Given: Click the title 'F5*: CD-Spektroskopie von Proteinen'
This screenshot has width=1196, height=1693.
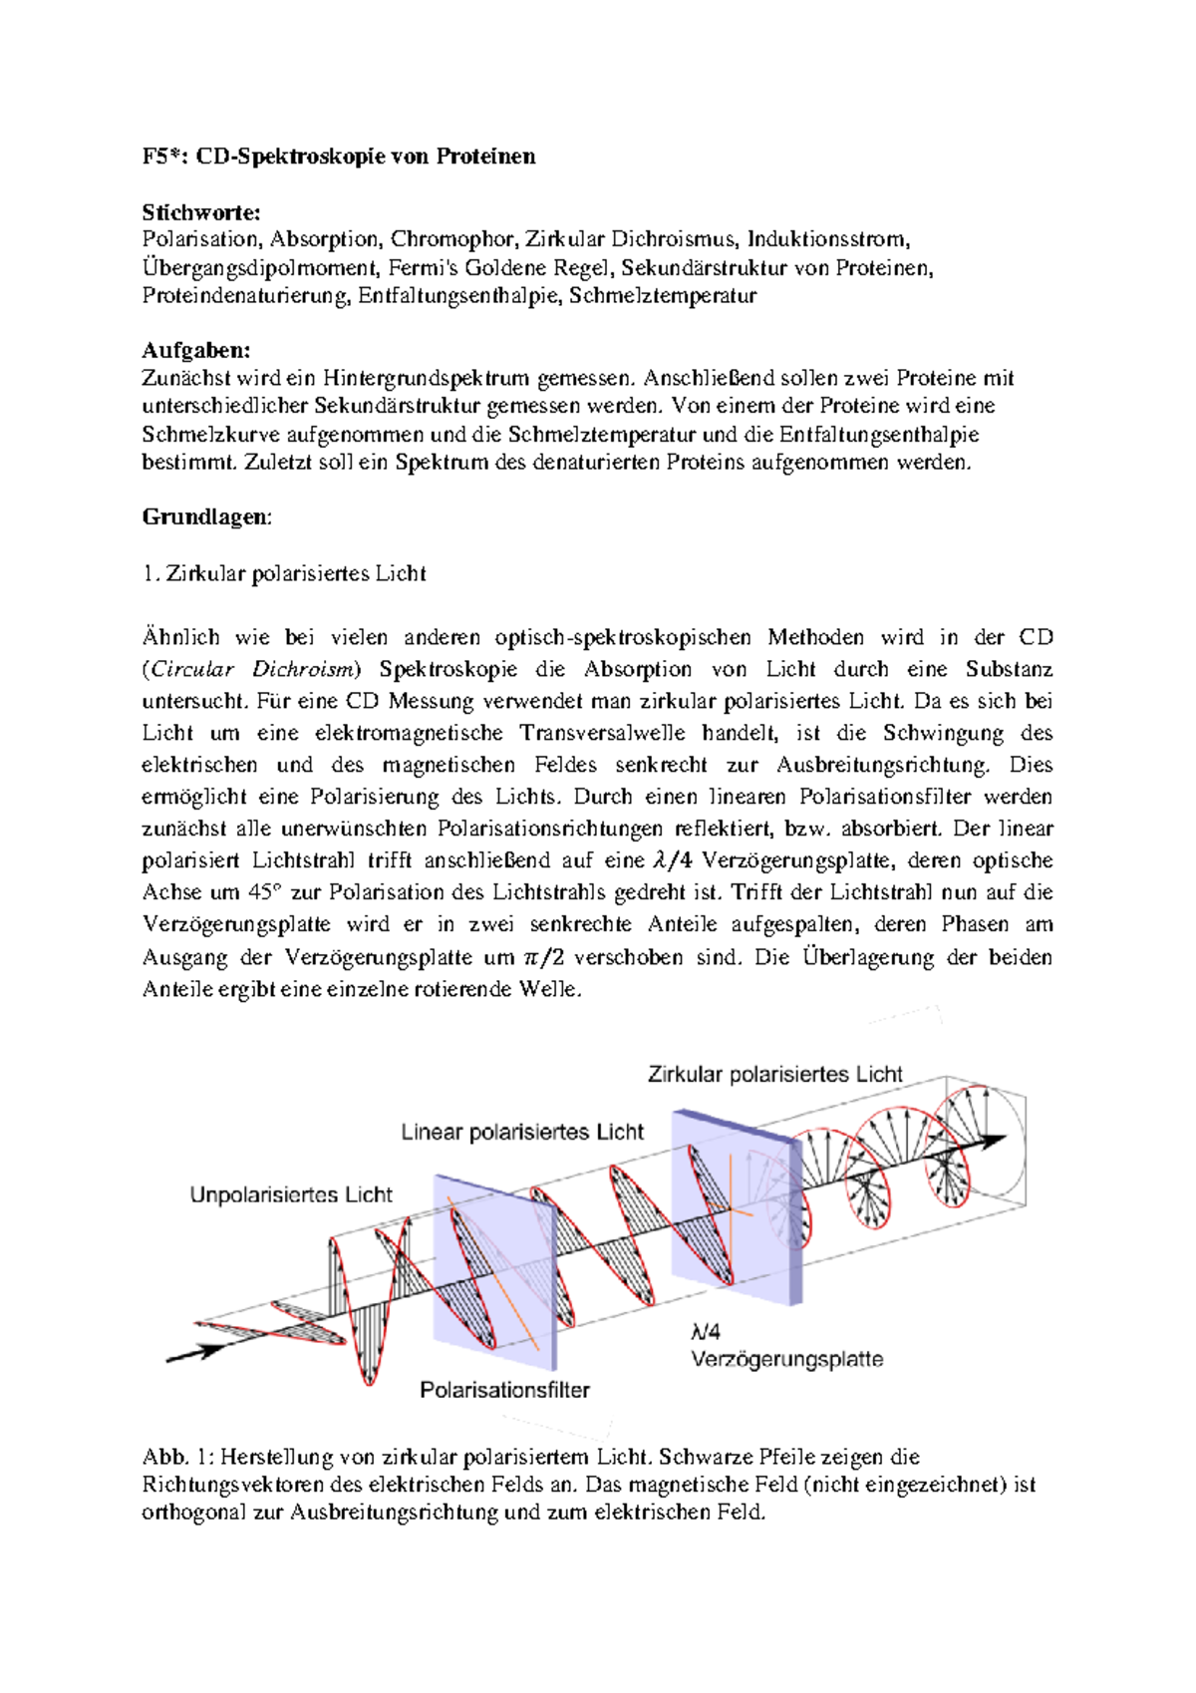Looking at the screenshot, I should click(339, 157).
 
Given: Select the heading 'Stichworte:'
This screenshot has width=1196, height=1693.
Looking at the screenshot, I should click(201, 212).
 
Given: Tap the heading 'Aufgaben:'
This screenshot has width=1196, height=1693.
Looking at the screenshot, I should click(196, 350).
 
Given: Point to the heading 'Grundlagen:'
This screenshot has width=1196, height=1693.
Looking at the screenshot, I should click(207, 516).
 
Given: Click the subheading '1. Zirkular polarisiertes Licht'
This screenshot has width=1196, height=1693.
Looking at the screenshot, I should click(284, 573).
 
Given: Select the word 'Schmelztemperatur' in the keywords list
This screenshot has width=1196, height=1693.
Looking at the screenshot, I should click(663, 295).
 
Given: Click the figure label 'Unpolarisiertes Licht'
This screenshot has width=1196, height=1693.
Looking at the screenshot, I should click(291, 1194).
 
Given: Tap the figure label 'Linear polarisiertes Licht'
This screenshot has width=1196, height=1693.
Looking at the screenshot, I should click(522, 1132).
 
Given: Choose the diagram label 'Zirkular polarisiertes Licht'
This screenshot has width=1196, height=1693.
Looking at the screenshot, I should click(774, 1074).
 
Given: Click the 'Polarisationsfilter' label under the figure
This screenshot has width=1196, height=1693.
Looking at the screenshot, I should click(504, 1390).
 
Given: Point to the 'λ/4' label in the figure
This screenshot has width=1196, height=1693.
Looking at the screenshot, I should click(706, 1331).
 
